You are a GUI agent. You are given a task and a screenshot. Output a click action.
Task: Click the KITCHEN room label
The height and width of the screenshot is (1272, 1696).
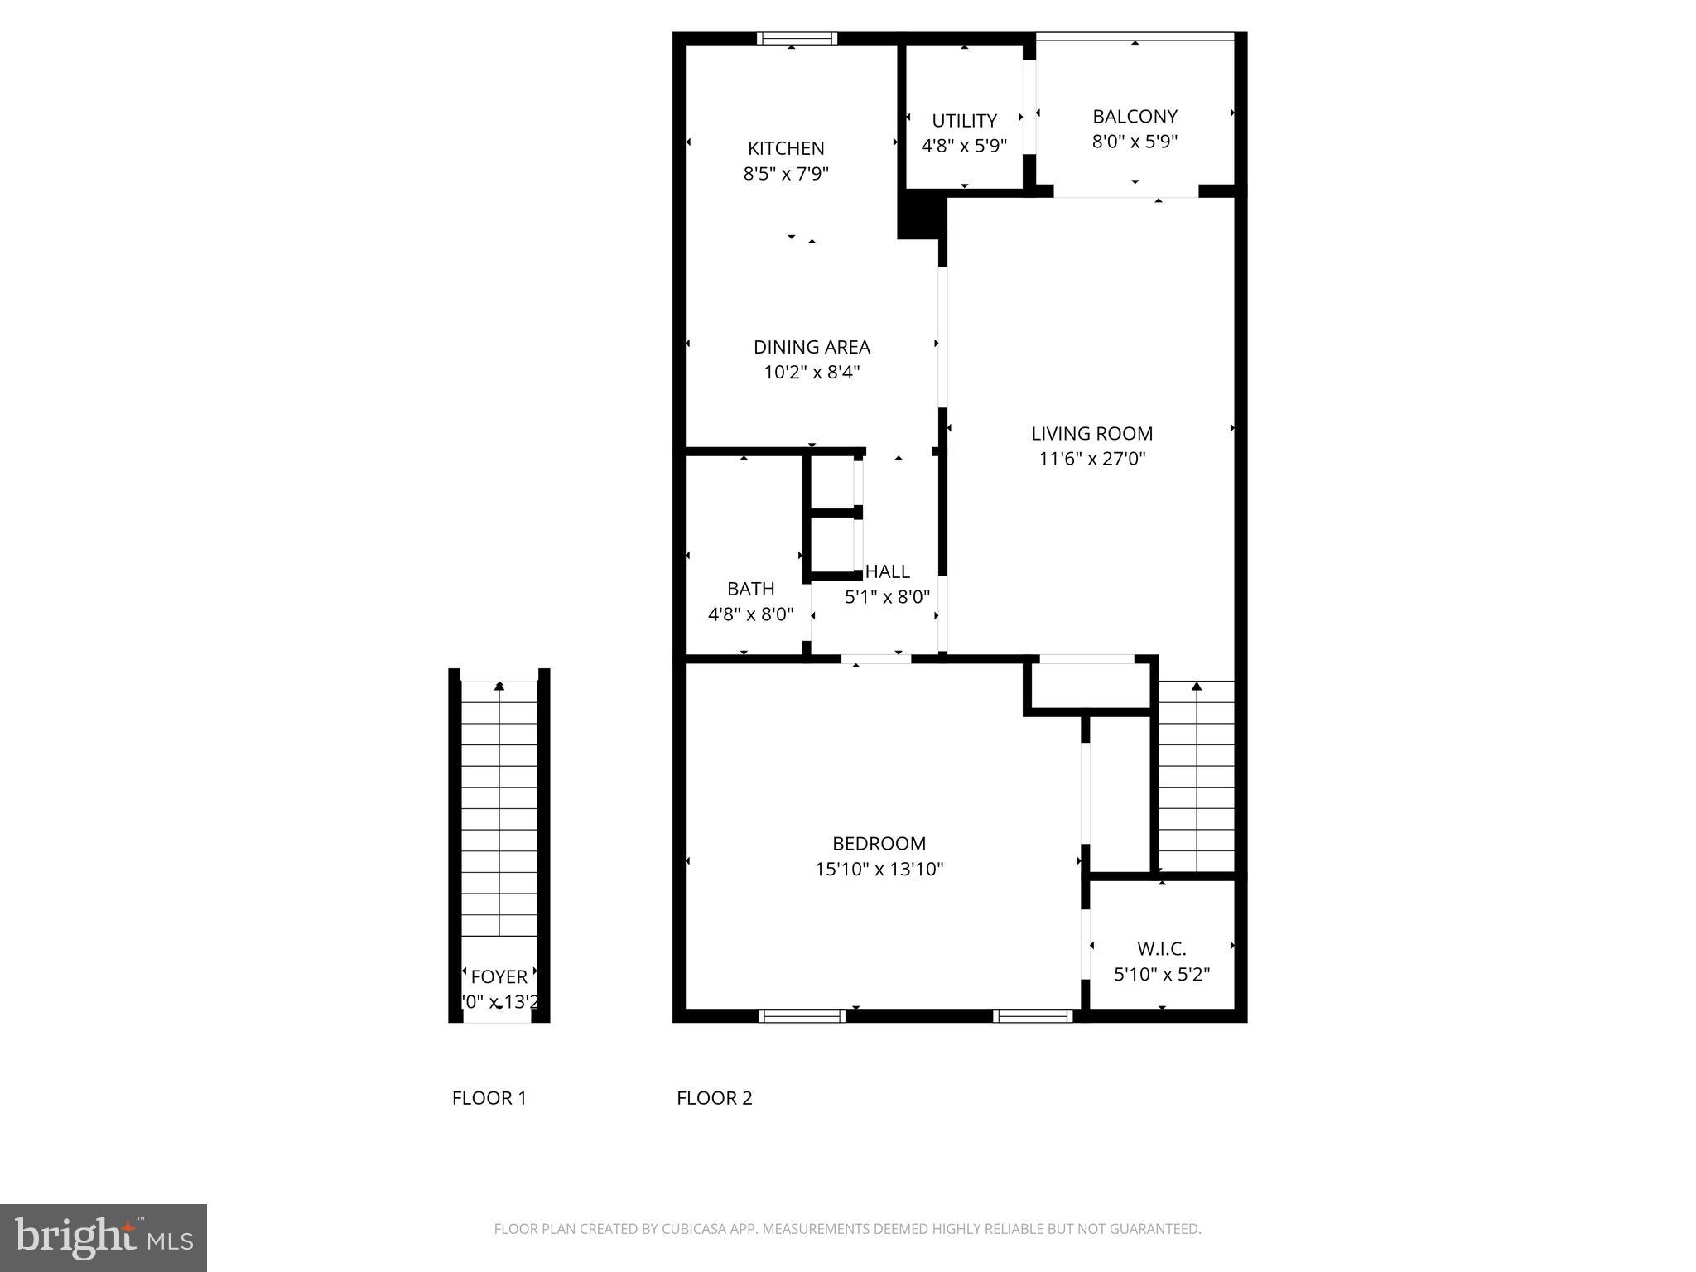[x=786, y=148]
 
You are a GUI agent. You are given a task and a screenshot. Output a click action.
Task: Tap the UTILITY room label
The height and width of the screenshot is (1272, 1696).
[x=964, y=121]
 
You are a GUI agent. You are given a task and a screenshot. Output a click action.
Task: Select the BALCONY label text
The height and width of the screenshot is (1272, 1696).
[x=1135, y=117]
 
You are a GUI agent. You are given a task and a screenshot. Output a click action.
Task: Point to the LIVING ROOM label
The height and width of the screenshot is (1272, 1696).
[x=1091, y=433]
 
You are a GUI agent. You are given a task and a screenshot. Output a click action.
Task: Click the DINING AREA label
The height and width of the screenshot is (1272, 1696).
[x=812, y=347]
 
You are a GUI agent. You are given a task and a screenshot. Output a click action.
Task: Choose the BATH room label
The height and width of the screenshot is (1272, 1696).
[x=750, y=589]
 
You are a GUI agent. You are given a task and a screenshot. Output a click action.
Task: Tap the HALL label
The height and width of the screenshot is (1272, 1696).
[x=887, y=571]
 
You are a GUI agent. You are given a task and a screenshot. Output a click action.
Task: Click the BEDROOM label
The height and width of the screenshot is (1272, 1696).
[x=879, y=844]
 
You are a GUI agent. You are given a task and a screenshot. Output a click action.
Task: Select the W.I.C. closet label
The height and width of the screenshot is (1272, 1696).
[x=1161, y=949]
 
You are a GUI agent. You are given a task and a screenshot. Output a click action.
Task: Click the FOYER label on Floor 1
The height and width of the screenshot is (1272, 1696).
[x=499, y=976]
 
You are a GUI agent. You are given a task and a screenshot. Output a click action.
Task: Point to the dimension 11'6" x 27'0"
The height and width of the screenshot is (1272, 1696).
[x=1091, y=459]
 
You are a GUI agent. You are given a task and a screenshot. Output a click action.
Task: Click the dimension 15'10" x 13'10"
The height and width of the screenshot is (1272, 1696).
[x=879, y=870]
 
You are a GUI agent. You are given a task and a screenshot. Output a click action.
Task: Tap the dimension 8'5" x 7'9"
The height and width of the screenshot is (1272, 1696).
[x=786, y=174]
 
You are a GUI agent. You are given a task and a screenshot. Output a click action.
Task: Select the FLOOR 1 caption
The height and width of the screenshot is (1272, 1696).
[x=489, y=1098]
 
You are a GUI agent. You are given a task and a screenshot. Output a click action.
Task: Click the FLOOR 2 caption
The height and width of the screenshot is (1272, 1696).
[x=714, y=1098]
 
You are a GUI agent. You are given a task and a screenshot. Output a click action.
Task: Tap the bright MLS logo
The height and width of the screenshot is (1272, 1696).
[x=104, y=1238]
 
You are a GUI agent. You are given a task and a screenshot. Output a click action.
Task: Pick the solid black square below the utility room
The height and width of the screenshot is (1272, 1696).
[x=922, y=215]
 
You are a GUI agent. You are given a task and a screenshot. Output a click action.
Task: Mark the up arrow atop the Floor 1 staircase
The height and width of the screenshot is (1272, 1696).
[x=499, y=686]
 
